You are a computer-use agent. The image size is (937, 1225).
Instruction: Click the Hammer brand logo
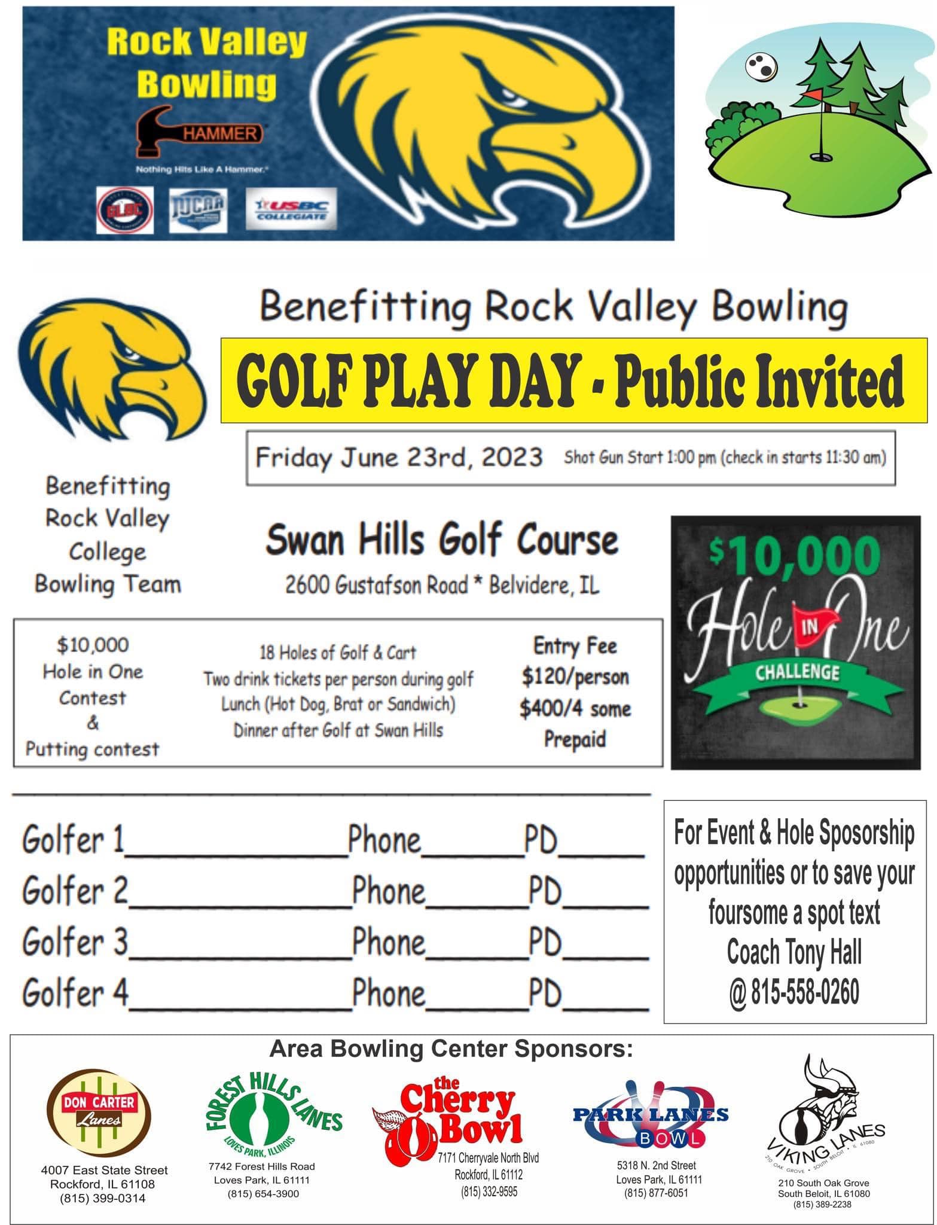click(x=200, y=133)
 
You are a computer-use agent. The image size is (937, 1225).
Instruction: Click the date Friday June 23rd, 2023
click(x=399, y=458)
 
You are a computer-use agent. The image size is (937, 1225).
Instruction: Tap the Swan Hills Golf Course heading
click(x=441, y=540)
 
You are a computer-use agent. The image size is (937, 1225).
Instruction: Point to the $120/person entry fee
click(x=575, y=677)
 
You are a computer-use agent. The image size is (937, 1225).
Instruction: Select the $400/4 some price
click(x=575, y=708)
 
